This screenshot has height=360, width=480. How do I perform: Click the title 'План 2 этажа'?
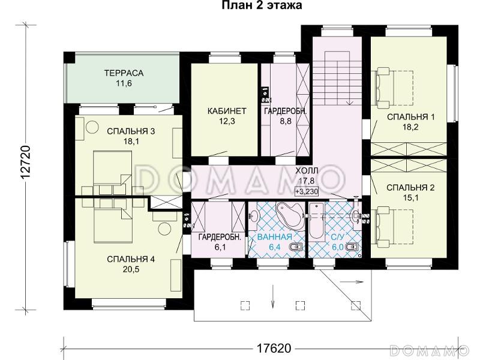262,5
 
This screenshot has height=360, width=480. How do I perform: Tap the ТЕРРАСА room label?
124,73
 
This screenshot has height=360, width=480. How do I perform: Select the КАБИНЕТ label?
227,111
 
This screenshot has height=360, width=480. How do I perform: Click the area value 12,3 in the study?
227,121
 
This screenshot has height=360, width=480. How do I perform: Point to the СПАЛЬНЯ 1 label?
411,117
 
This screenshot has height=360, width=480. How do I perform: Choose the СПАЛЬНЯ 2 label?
410,187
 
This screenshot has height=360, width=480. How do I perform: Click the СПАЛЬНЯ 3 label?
131,131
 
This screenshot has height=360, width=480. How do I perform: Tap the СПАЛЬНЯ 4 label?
131,259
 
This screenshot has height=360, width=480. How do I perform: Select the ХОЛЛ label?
307,170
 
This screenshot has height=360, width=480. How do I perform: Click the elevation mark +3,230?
307,191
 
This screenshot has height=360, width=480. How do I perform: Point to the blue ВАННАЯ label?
275,236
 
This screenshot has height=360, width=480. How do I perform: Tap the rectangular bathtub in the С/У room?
316,220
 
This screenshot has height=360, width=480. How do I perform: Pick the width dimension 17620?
274,348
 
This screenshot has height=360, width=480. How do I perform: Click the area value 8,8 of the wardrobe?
286,121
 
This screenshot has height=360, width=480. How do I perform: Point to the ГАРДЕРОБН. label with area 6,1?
218,236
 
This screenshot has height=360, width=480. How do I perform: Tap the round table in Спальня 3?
92,127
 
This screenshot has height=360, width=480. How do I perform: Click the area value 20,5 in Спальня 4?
131,269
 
